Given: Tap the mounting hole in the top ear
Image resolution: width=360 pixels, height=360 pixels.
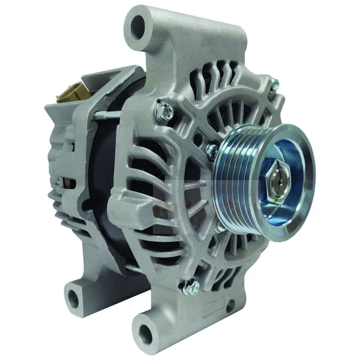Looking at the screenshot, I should (x=138, y=25).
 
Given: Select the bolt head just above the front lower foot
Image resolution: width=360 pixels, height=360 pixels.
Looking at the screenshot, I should (x=191, y=287).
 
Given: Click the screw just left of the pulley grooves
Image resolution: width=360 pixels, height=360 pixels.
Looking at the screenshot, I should (x=211, y=151).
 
